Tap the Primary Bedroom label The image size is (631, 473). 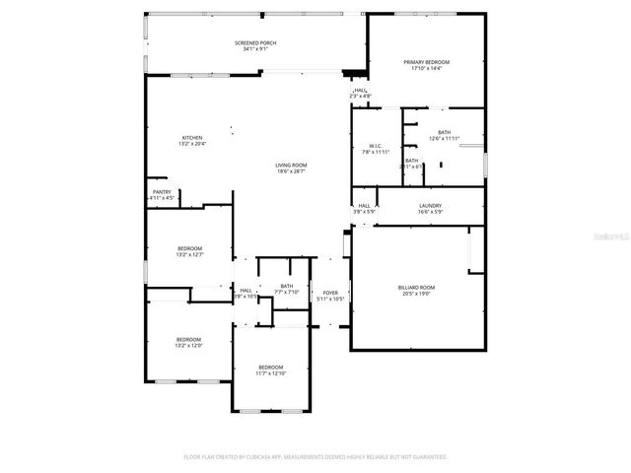(x=426, y=62)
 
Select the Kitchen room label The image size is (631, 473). (x=191, y=137)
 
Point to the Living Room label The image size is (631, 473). (x=290, y=165)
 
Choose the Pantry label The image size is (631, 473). (x=162, y=191)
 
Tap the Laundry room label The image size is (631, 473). (x=430, y=205)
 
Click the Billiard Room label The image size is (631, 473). (x=416, y=288)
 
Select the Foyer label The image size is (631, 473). (x=330, y=292)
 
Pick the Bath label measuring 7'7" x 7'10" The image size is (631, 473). (x=287, y=286)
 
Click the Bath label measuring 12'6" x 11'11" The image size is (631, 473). (x=444, y=132)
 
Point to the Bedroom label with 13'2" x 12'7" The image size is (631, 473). (x=189, y=247)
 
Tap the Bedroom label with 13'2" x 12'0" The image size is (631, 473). (x=189, y=339)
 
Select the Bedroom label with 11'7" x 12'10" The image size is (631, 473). (x=271, y=367)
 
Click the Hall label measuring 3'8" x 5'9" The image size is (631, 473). (x=364, y=205)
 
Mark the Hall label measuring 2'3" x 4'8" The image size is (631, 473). (x=360, y=90)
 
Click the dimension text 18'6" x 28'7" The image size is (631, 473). (x=290, y=171)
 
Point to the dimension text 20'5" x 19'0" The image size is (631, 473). (x=416, y=294)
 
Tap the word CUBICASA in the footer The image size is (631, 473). (x=270, y=457)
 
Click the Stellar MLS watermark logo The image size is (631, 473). (x=606, y=237)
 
